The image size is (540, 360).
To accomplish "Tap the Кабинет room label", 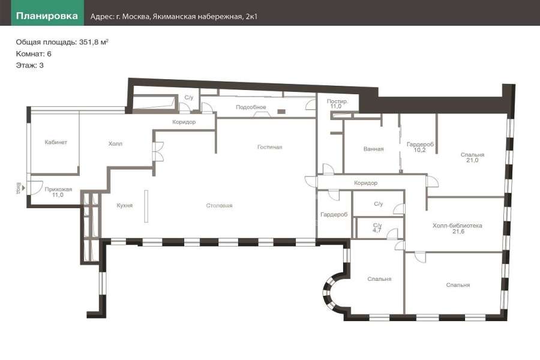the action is (x=56, y=142).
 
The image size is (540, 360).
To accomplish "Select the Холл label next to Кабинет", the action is (x=115, y=143).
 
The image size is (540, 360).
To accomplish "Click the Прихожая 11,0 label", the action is (x=58, y=192).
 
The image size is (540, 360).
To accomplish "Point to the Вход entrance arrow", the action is (x=23, y=188).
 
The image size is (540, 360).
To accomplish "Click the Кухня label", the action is (x=124, y=205).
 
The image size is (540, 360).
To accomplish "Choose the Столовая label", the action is (x=219, y=206).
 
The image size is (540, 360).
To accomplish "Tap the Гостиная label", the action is (x=269, y=147).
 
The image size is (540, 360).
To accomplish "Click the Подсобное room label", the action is (x=251, y=107).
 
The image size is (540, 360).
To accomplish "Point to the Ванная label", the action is (x=373, y=149).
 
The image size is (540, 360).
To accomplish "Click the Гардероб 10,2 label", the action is (x=420, y=148).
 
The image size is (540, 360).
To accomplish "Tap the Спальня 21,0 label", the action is (x=472, y=157).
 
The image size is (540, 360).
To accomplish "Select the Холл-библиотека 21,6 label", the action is (x=457, y=229).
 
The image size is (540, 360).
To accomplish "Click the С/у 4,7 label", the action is (x=377, y=228).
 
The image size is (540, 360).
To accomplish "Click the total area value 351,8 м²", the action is (x=94, y=42).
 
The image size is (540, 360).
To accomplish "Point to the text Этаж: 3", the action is (x=29, y=65).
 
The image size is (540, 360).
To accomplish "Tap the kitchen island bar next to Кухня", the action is (x=146, y=206).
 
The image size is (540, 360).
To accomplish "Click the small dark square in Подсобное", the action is (x=282, y=111).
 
